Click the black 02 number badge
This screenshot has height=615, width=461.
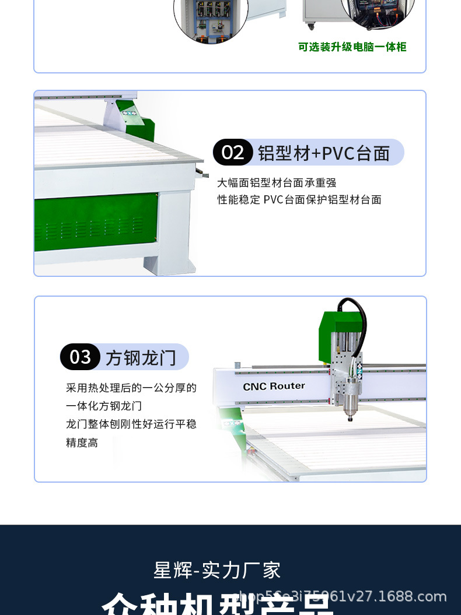click(233, 153)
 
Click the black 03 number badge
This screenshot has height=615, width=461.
click(80, 357)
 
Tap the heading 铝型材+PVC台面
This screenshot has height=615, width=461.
click(323, 153)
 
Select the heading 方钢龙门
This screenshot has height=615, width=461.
click(141, 357)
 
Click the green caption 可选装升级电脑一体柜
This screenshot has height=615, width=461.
click(352, 47)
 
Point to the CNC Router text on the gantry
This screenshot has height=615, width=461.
click(274, 386)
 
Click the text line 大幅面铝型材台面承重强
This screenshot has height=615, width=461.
click(277, 183)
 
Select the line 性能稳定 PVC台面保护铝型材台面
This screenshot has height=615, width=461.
click(299, 200)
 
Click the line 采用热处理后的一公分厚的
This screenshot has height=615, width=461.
click(131, 388)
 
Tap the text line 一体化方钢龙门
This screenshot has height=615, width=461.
click(104, 406)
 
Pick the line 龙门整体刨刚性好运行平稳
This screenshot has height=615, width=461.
click(131, 424)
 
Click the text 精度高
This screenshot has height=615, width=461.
click(82, 442)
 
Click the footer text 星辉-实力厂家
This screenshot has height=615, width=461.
click(217, 570)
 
